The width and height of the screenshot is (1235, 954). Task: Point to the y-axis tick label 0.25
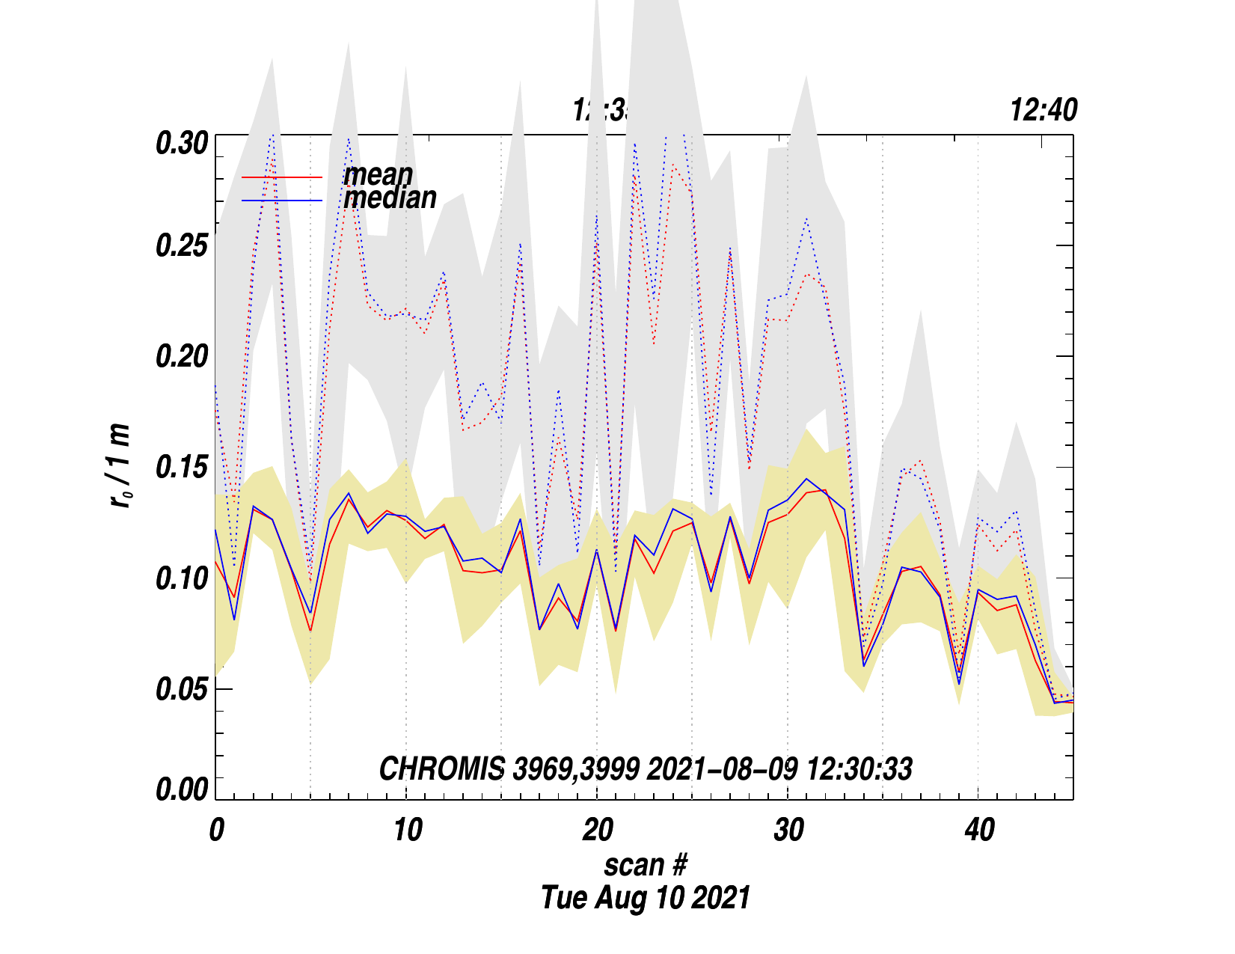(181, 246)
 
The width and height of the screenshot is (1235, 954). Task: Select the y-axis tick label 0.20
(181, 357)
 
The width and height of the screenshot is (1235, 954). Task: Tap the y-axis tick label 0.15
(181, 468)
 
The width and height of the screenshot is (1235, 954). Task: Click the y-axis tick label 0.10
(181, 578)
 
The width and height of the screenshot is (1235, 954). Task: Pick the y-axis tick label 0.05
(181, 689)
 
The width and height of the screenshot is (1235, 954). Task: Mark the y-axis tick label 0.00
(181, 790)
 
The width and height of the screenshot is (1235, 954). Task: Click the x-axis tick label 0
(216, 830)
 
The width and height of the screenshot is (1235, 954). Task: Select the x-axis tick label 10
(407, 830)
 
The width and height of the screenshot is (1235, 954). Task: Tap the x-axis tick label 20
(598, 830)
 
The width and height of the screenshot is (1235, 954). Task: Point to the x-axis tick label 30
(788, 830)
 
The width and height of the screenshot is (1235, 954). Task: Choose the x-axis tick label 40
(979, 830)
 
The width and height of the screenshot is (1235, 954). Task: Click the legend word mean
(378, 175)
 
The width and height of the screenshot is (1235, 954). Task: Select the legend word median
(390, 198)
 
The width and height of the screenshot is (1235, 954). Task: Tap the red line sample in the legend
(282, 177)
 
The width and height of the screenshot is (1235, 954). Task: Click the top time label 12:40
(1044, 111)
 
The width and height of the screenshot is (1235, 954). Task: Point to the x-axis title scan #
(645, 865)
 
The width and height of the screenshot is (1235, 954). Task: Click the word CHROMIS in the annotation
(441, 769)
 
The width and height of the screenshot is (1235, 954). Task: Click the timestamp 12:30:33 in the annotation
(859, 769)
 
